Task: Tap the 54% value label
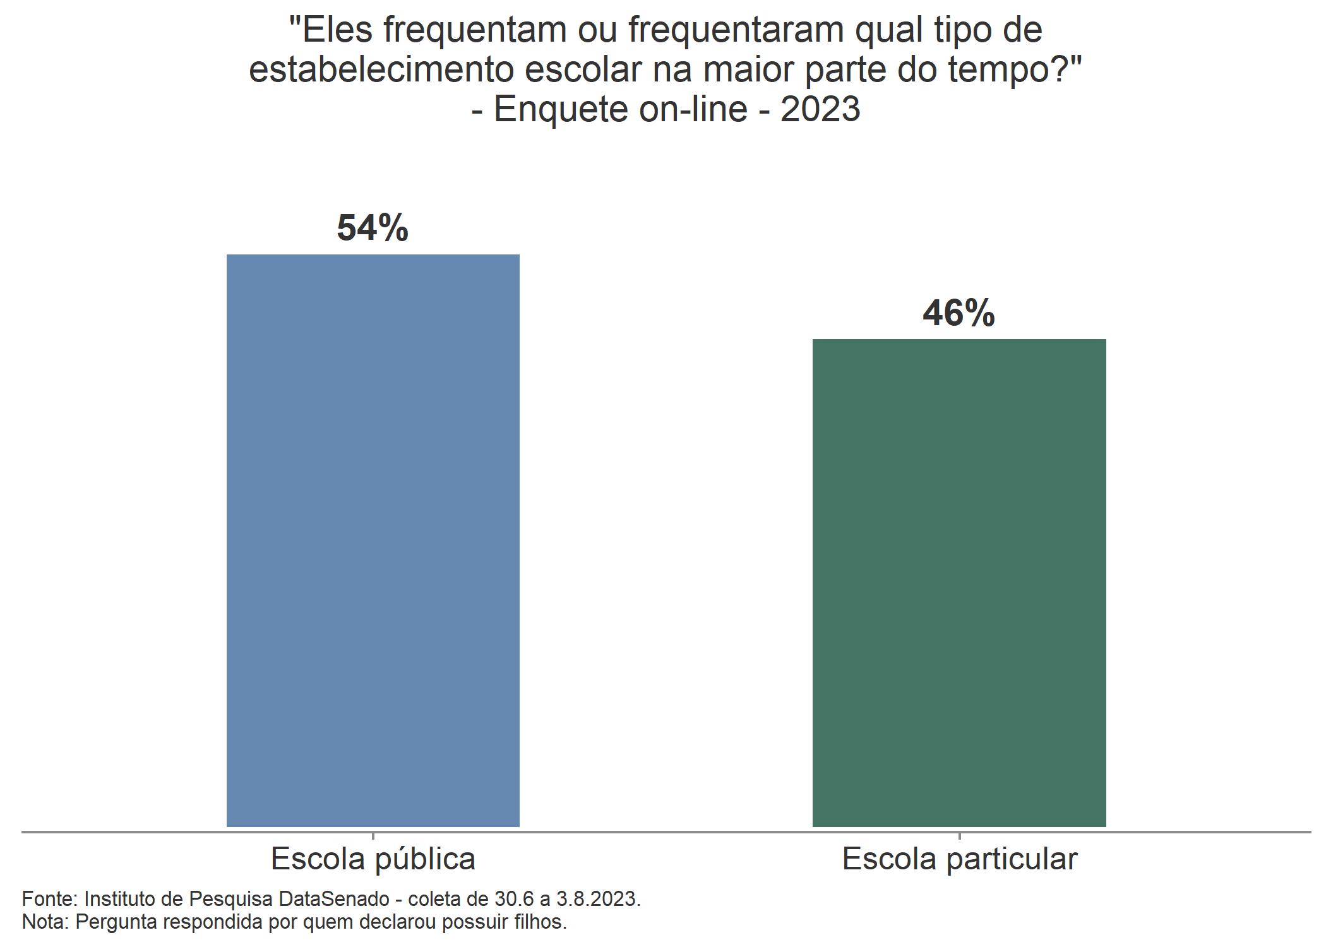[373, 228]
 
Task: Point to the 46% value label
[959, 313]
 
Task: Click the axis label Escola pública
[373, 859]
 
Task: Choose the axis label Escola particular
[959, 859]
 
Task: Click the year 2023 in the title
[820, 109]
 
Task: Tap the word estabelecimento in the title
[381, 69]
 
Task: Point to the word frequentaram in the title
[736, 30]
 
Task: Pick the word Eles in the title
[338, 30]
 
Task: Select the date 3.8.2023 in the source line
[597, 898]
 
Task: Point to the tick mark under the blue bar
[373, 836]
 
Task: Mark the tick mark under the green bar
[959, 836]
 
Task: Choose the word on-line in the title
[693, 109]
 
